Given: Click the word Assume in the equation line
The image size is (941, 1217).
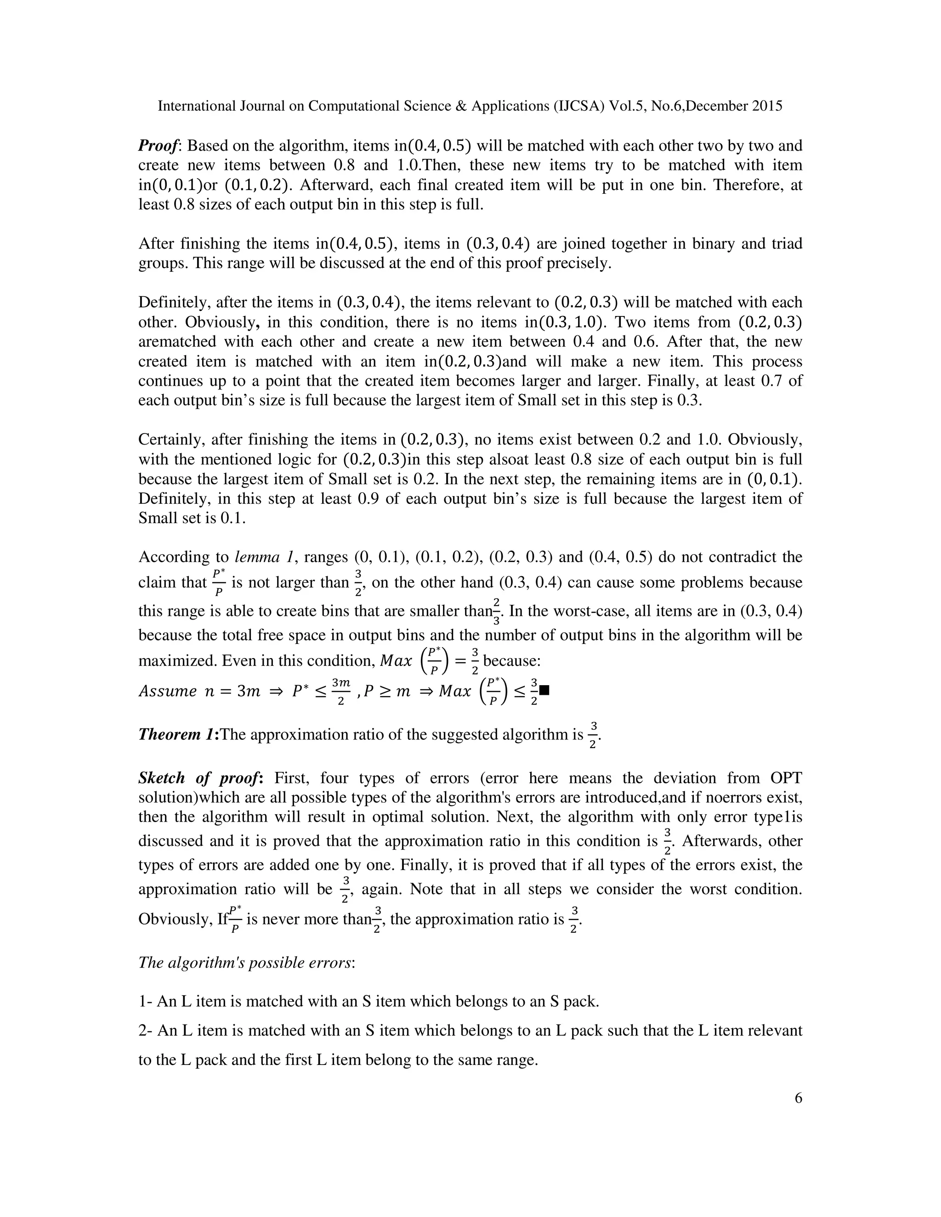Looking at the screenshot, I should point(167,692).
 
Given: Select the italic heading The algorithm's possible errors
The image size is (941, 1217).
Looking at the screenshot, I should point(246,962).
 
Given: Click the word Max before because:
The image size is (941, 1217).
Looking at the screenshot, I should point(395,661).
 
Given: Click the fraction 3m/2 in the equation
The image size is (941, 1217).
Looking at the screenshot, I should point(340,692).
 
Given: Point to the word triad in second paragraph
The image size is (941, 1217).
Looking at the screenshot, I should point(784,243).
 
